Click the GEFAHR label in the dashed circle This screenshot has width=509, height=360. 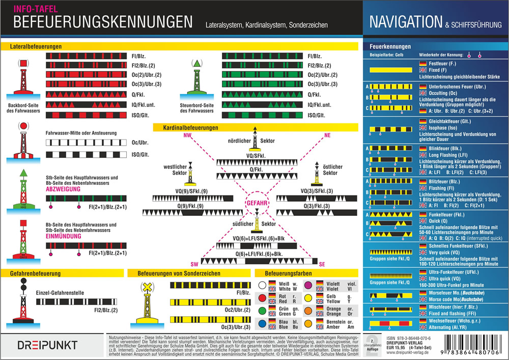pyautogui.click(x=258, y=202)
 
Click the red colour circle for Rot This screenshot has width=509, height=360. pyautogui.click(x=263, y=297)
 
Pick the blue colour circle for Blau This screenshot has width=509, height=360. pyautogui.click(x=263, y=322)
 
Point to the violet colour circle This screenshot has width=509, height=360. pyautogui.click(x=307, y=285)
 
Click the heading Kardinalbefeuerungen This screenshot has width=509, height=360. pyautogui.click(x=191, y=127)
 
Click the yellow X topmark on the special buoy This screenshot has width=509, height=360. pyautogui.click(x=146, y=288)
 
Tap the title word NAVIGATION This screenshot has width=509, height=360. pyautogui.click(x=405, y=22)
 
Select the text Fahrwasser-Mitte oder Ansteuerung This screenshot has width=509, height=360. pyautogui.click(x=81, y=133)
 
